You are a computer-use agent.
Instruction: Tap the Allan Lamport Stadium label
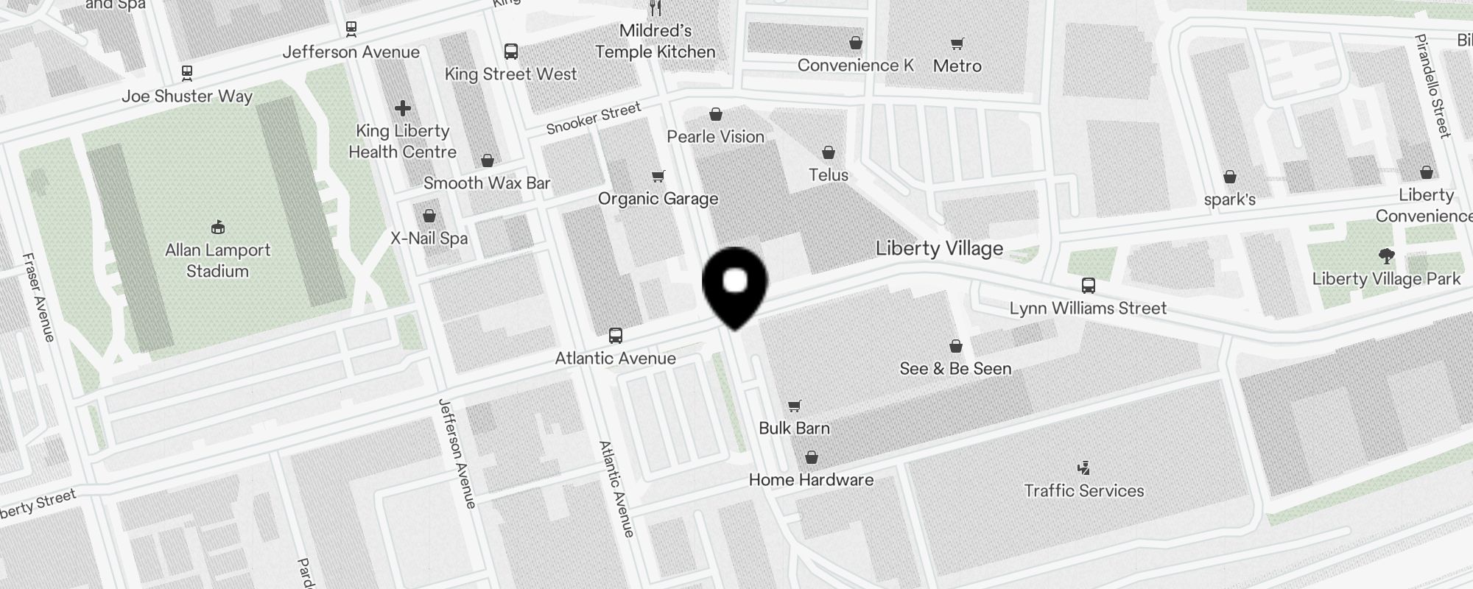coord(217,261)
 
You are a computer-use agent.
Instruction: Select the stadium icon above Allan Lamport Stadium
coord(217,227)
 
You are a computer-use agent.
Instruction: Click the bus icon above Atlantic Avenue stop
coord(616,336)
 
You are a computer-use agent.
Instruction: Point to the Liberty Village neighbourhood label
coord(939,248)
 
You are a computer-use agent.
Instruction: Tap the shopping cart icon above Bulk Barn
coord(794,406)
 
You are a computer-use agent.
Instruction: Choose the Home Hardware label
coord(811,480)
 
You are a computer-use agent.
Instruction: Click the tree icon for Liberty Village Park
coord(1386,256)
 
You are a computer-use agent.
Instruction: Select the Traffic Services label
coord(1084,491)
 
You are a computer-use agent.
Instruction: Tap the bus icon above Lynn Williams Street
coord(1088,286)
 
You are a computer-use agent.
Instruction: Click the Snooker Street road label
coord(594,119)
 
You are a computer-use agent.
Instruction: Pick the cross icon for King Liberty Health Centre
coord(402,109)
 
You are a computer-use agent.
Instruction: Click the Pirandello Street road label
coord(1432,85)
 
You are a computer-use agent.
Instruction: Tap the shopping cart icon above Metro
coord(957,43)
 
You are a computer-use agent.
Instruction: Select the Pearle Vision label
coord(715,137)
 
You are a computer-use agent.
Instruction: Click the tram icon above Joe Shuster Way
coord(187,73)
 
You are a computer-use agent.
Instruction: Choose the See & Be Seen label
coord(955,369)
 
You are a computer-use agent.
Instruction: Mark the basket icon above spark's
coord(1229,177)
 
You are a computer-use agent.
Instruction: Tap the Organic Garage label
coord(658,199)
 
